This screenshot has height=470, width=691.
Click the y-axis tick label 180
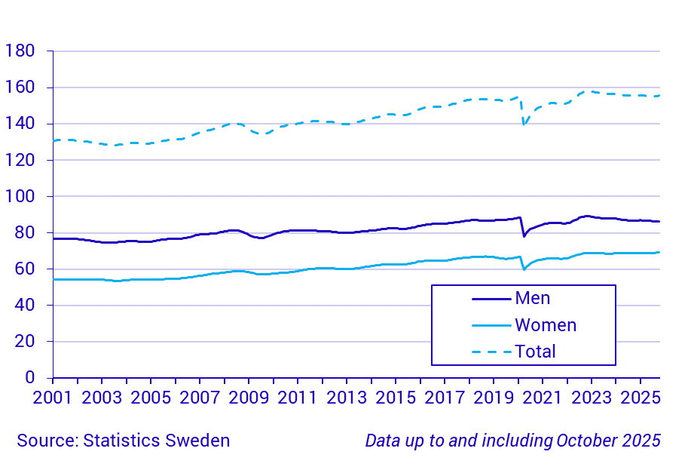pyautogui.click(x=20, y=51)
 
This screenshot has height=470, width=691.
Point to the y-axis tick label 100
pyautogui.click(x=20, y=196)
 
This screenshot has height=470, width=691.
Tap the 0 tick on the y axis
pyautogui.click(x=30, y=377)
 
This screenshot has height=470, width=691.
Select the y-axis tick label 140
pyautogui.click(x=20, y=124)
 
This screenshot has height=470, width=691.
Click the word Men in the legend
pyautogui.click(x=532, y=298)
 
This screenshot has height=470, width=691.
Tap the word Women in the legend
pyautogui.click(x=546, y=325)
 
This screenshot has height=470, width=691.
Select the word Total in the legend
pyautogui.click(x=535, y=352)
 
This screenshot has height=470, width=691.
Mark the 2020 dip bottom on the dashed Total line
pyautogui.click(x=524, y=124)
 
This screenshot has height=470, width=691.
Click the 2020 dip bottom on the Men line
pyautogui.click(x=524, y=236)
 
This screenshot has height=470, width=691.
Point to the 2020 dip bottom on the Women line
pyautogui.click(x=524, y=269)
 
